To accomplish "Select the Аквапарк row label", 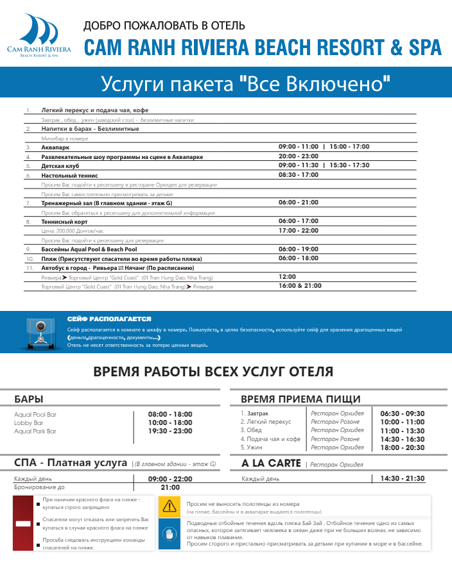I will click(55, 147).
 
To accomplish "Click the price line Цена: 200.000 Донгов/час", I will click(72, 230).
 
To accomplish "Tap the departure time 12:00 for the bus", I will click(287, 277).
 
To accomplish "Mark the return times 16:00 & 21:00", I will click(300, 286).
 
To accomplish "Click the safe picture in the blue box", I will click(40, 333).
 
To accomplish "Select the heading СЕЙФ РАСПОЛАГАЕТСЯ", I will click(109, 319).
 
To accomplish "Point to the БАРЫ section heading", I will click(29, 399).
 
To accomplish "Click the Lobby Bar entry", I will click(29, 423).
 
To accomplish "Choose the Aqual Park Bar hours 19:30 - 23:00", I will click(170, 431).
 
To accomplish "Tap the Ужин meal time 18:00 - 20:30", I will click(403, 447).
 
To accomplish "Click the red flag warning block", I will click(23, 523).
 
